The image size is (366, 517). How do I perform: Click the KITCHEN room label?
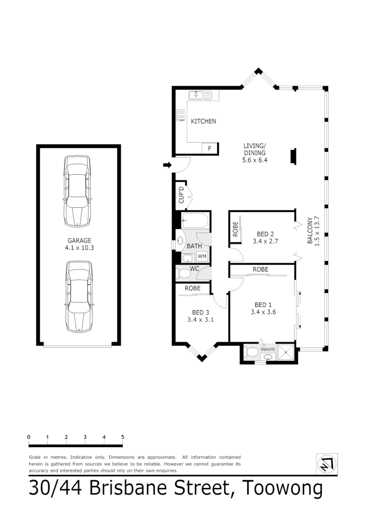204,122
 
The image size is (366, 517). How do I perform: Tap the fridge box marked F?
209,148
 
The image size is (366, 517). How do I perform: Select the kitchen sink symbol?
200,95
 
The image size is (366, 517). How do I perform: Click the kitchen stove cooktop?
181,115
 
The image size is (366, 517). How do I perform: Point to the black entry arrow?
167,165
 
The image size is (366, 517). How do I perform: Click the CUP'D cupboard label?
182,194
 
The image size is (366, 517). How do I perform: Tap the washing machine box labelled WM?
202,257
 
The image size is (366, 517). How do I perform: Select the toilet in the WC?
184,273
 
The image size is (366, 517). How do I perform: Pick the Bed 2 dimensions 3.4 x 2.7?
265,241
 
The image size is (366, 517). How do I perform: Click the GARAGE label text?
79,241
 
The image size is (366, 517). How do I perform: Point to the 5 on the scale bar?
123,437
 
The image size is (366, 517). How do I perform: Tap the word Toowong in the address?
282,489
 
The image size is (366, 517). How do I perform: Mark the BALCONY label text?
310,232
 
